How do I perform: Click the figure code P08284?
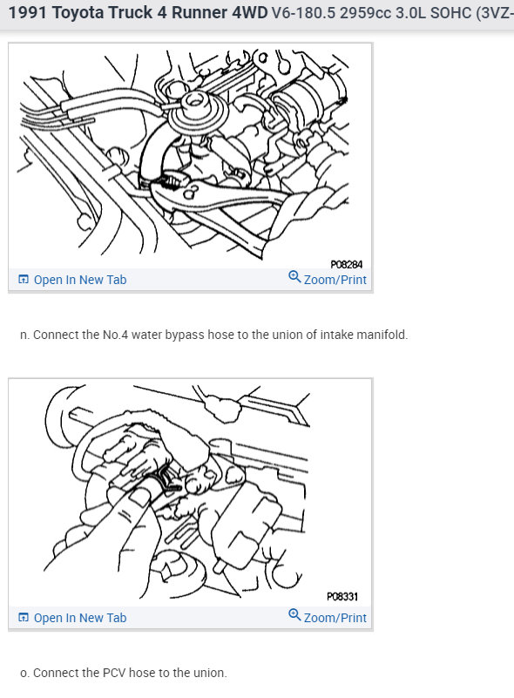[346, 264]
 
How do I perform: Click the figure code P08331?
[342, 597]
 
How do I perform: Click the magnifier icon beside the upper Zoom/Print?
[294, 277]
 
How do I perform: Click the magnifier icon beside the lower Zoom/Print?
[294, 614]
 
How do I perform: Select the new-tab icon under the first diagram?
[24, 279]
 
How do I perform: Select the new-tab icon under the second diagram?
[24, 617]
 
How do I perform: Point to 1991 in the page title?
[28, 12]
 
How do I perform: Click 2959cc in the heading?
[365, 12]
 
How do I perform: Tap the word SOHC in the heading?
[450, 12]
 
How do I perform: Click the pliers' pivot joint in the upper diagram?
[191, 194]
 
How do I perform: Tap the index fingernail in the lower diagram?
[139, 498]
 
